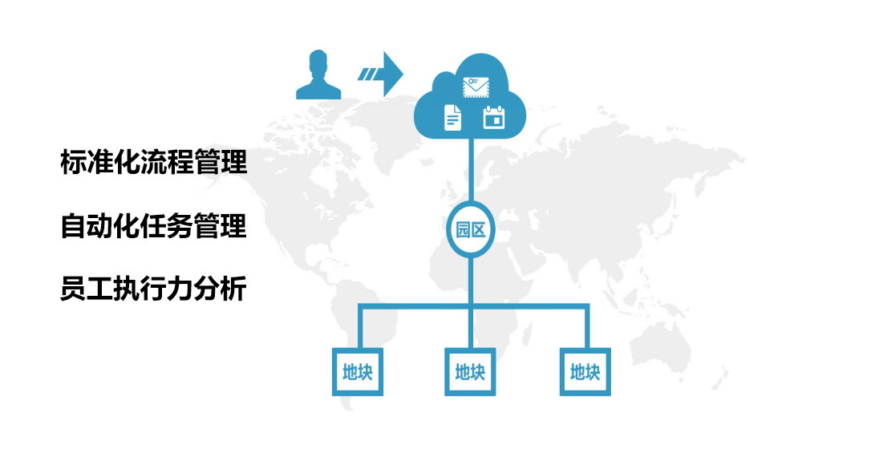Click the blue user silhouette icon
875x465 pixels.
tap(318, 75)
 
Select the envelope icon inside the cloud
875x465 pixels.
tap(476, 87)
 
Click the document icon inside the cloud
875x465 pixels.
tap(452, 118)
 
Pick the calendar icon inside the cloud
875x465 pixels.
tap(494, 117)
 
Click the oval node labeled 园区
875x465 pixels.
tap(471, 229)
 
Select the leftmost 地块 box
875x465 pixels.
tap(358, 372)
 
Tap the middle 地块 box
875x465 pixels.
tap(470, 372)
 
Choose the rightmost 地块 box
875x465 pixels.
tap(585, 372)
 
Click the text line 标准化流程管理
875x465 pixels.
tap(153, 162)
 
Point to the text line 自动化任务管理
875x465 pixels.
tap(153, 226)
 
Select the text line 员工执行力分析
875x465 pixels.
tap(153, 289)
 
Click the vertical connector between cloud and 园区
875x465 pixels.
tap(471, 170)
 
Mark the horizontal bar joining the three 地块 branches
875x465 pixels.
tap(473, 306)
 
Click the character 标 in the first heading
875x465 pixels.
tap(73, 162)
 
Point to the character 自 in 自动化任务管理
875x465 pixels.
tap(73, 226)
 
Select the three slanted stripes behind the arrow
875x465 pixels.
tap(368, 74)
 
